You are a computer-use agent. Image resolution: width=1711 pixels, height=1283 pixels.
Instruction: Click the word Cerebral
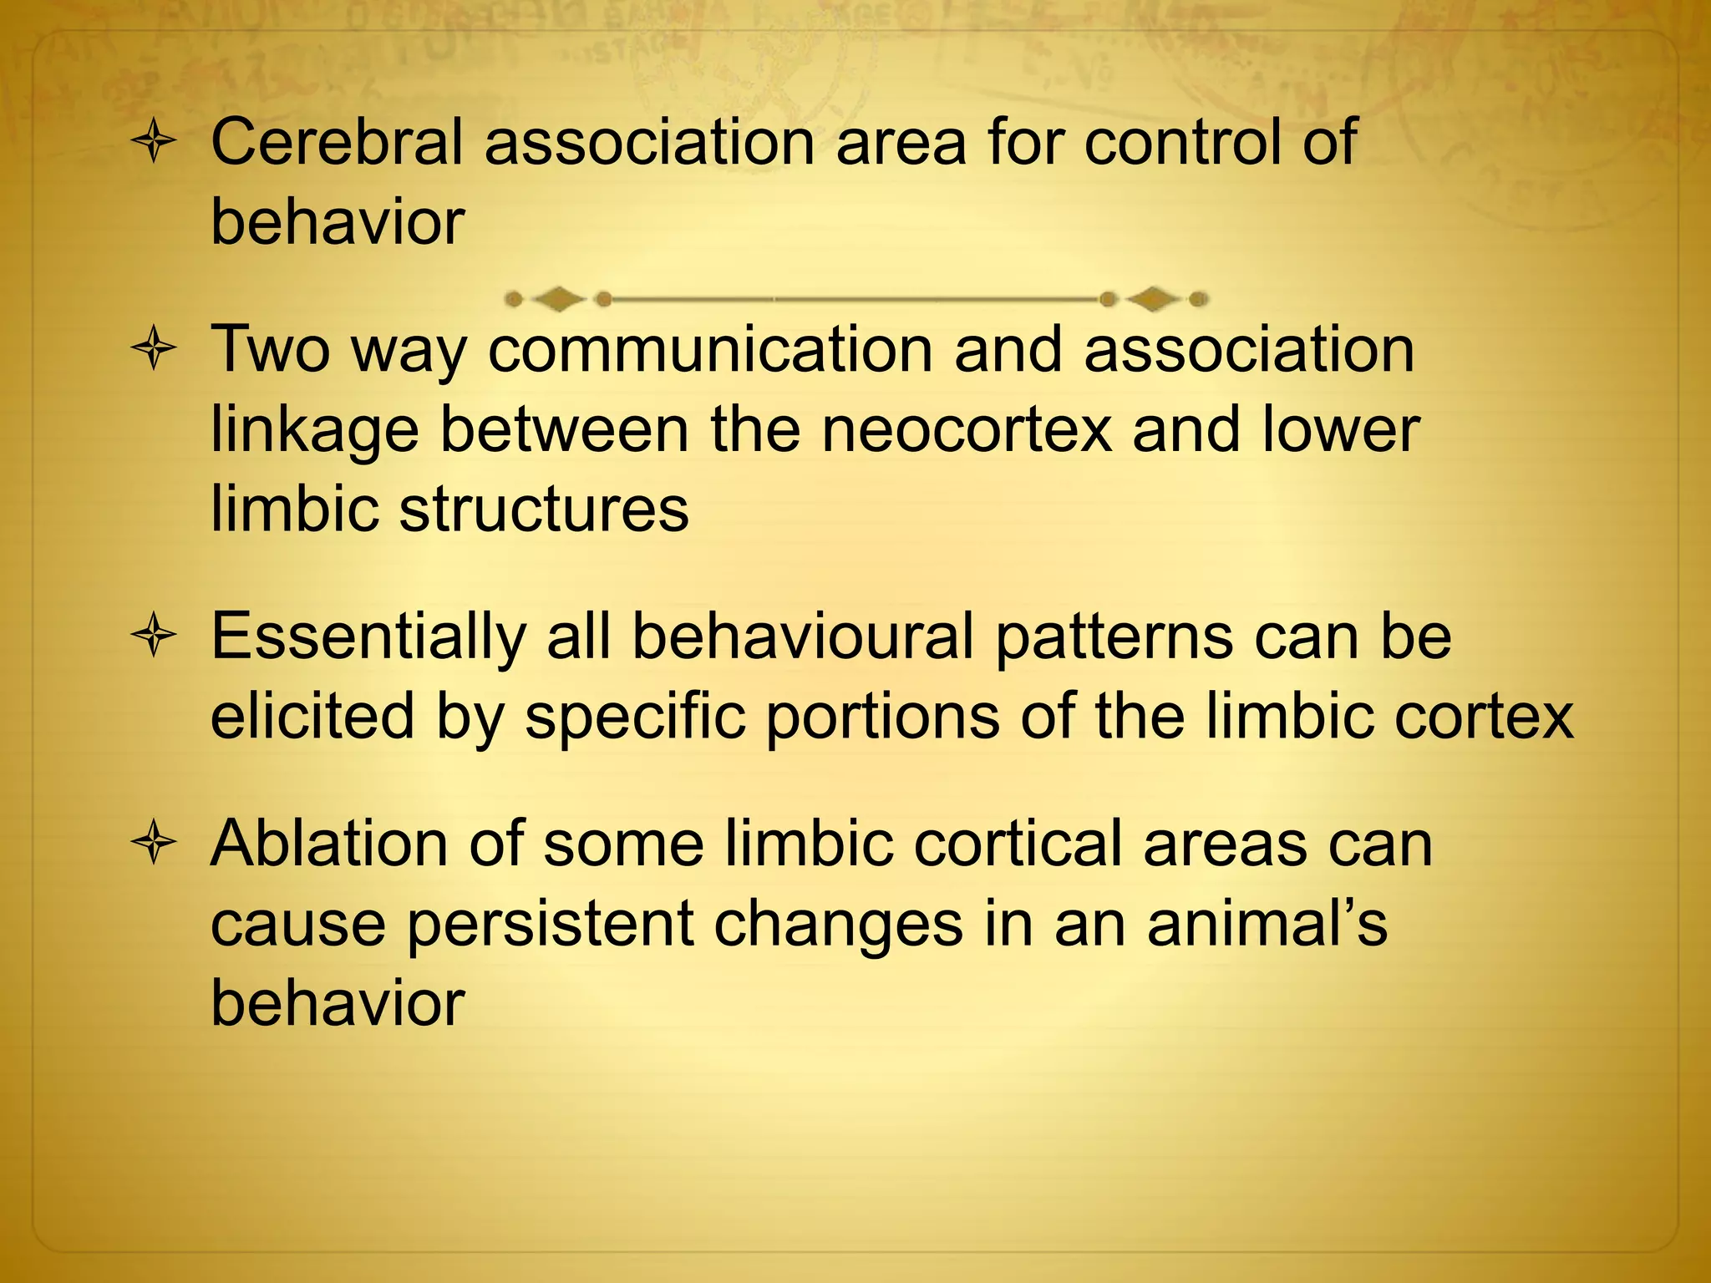point(336,142)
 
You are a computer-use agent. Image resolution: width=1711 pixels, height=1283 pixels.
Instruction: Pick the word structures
point(544,509)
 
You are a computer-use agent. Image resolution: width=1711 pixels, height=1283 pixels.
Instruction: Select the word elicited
point(312,716)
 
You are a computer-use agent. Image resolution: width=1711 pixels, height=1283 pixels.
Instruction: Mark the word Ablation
point(327,844)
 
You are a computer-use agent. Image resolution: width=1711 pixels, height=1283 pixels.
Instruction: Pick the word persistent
point(550,923)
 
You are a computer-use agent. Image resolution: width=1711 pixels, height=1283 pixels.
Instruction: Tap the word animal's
point(1267,923)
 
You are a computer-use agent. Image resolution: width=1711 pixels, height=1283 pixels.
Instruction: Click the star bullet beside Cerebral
point(154,144)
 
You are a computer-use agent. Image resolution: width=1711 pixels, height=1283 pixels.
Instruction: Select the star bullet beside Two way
point(154,350)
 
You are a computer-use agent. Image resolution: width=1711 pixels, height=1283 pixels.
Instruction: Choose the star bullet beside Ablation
point(154,844)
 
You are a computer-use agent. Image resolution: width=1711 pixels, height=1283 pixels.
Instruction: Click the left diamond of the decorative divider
point(558,298)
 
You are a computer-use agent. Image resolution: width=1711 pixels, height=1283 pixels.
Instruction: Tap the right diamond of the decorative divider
point(1154,298)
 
